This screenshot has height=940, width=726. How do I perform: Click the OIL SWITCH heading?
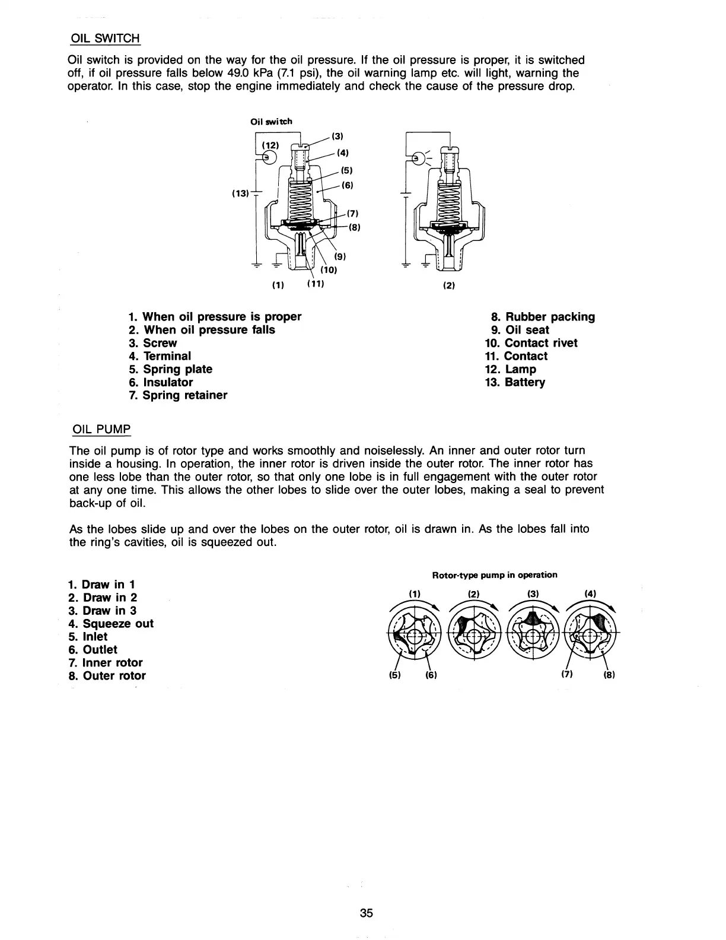point(104,39)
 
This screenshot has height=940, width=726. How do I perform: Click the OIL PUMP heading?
point(100,428)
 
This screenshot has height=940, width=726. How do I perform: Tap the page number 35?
point(366,913)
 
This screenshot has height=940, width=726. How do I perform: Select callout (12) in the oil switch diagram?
point(270,144)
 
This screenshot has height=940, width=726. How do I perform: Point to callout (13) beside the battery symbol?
point(241,193)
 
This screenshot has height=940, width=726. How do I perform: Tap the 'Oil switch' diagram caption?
point(271,122)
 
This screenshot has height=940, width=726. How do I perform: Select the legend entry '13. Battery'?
point(515,382)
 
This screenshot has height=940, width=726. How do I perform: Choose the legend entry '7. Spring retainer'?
point(177,395)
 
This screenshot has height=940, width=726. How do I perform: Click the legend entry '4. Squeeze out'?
point(111,624)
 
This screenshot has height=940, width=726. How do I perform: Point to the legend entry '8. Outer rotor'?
point(107,676)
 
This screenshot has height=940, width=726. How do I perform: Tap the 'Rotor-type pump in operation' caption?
point(495,575)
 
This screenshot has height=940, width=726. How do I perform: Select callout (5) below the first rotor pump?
point(393,675)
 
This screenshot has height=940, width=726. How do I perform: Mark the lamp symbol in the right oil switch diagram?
point(419,157)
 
